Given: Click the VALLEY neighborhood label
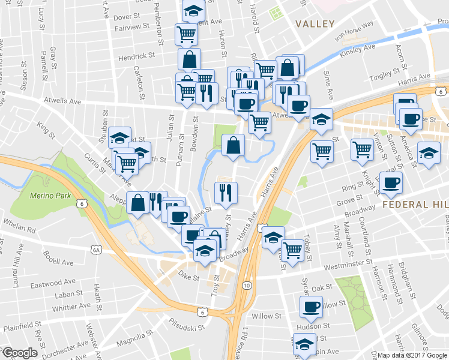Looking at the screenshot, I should (x=315, y=24).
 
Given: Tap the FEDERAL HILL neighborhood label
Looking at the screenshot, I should (x=414, y=205).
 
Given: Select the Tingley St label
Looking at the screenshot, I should (x=388, y=76).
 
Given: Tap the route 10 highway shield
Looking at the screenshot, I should (x=247, y=285).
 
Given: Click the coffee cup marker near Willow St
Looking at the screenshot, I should (x=311, y=307).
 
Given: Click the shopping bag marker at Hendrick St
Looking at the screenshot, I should (x=189, y=59).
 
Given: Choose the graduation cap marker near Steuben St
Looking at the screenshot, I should (x=120, y=137).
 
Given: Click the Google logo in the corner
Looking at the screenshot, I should (x=20, y=353).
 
